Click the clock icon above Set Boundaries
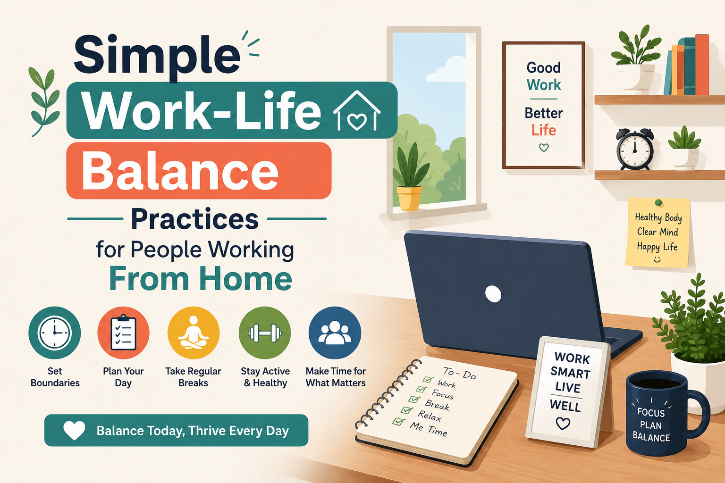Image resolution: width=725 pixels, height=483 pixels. [54, 333]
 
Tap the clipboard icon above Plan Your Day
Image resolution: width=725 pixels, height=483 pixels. [123, 332]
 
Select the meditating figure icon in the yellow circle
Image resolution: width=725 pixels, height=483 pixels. [193, 333]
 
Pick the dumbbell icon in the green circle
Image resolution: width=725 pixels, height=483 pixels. [265, 333]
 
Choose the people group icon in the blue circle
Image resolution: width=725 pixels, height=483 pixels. [335, 332]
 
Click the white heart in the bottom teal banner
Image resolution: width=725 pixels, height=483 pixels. [74, 430]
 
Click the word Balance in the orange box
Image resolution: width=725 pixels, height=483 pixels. [180, 170]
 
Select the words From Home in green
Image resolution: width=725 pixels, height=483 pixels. [201, 279]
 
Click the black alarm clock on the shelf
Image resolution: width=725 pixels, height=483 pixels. [635, 149]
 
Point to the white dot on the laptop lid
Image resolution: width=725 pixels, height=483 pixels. [493, 294]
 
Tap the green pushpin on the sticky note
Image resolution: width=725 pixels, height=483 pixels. [658, 203]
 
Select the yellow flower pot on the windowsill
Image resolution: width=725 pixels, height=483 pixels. [409, 198]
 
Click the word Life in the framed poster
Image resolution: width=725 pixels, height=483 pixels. [544, 130]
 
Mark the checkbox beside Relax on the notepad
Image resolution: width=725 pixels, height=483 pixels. [406, 410]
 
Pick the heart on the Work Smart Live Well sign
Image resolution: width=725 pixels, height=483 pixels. [563, 424]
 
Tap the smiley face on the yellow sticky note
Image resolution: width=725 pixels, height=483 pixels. [657, 259]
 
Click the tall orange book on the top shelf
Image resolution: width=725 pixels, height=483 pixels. [702, 65]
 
